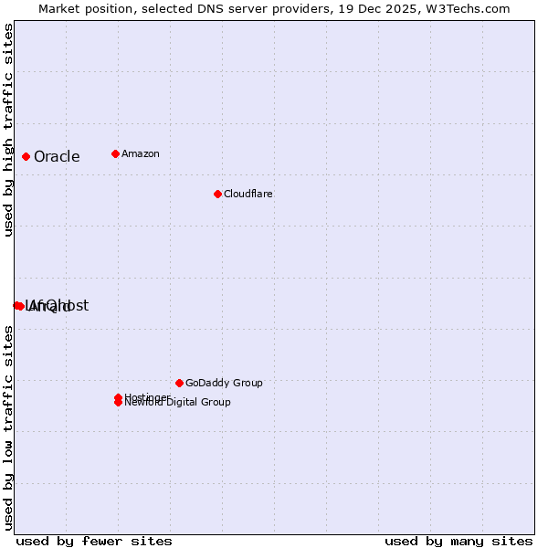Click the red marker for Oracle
point(26,156)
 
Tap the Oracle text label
point(57,157)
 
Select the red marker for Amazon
point(115,153)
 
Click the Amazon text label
point(140,153)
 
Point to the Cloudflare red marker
point(217,194)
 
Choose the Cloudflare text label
point(248,194)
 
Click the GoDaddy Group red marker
point(179,383)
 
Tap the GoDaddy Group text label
point(224,383)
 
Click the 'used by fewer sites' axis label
point(94,541)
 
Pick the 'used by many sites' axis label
point(458,541)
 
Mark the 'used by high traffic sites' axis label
point(8,130)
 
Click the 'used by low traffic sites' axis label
point(8,427)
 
